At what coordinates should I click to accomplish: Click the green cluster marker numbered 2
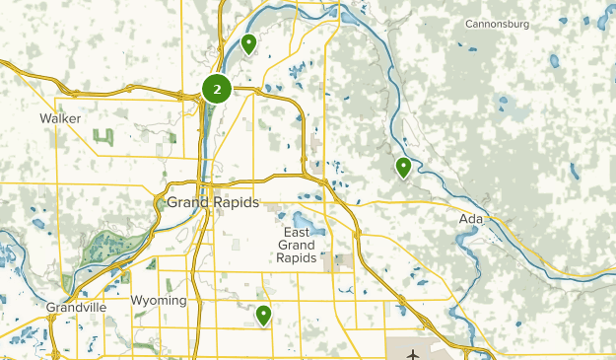217,89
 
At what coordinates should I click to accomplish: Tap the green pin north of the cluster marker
248,44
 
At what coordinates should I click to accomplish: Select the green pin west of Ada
403,168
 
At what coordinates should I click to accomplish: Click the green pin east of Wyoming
263,316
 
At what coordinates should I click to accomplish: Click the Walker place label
59,118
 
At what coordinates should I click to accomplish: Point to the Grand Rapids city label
212,202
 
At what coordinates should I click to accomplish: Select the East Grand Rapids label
296,244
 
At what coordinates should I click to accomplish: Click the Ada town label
470,219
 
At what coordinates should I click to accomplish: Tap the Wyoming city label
159,300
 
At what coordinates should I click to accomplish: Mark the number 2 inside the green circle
217,89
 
